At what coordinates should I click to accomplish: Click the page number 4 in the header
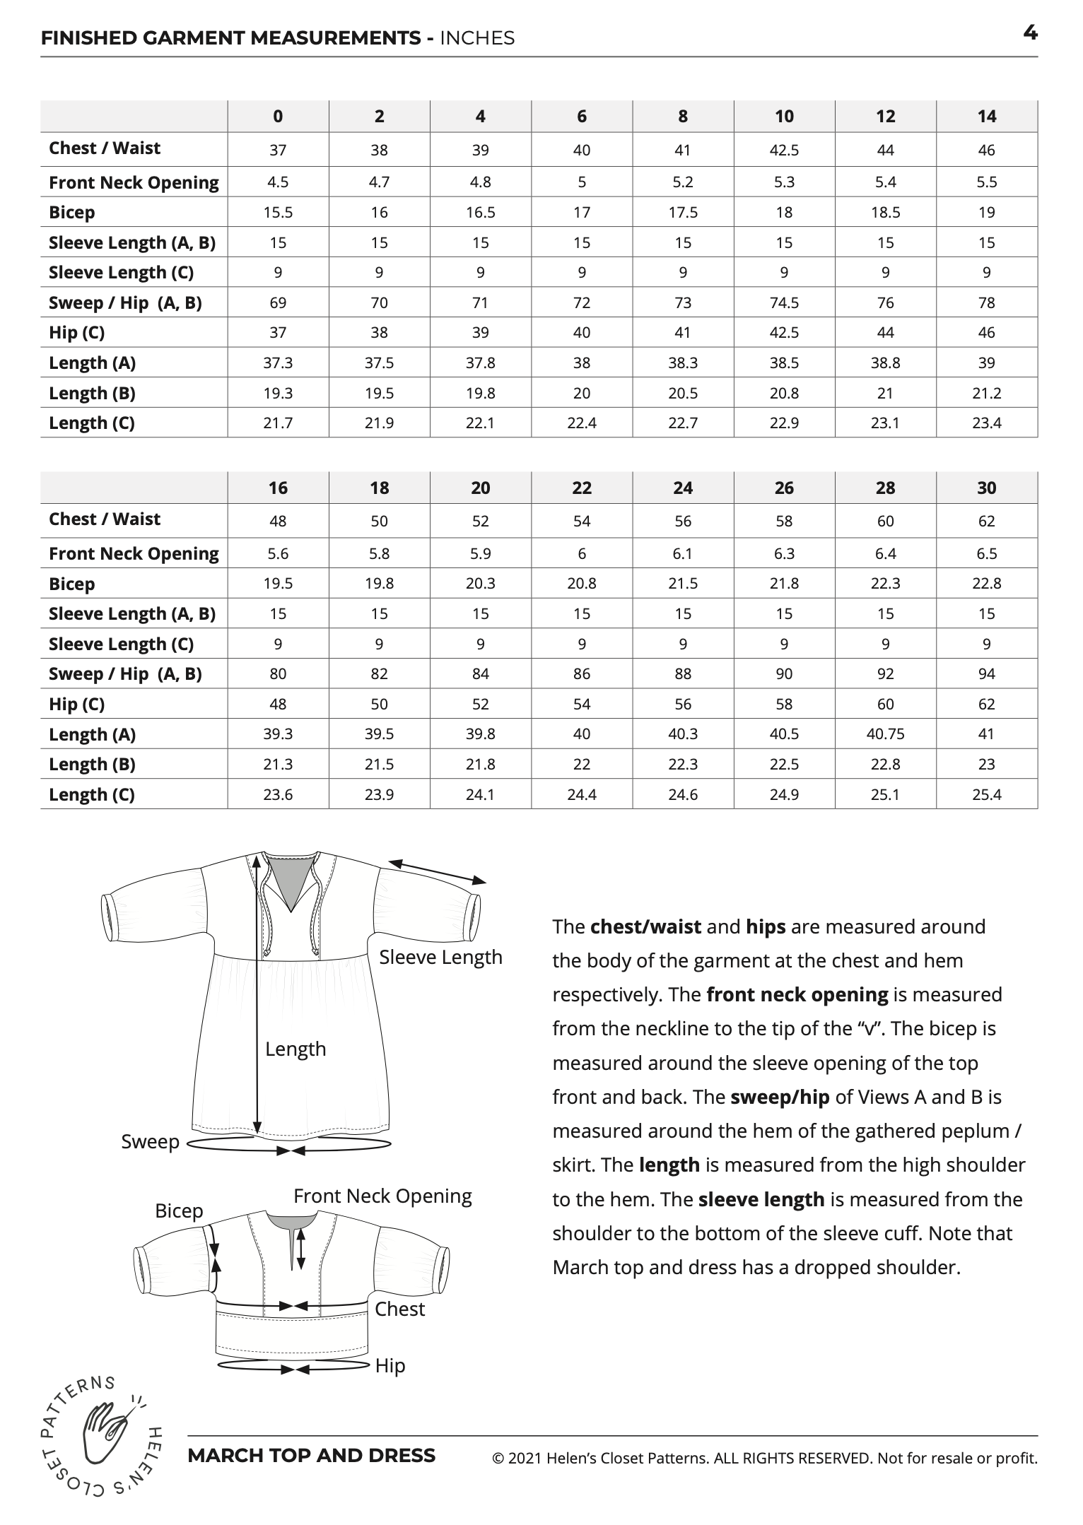click(x=1030, y=33)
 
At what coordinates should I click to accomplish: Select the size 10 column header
click(x=784, y=117)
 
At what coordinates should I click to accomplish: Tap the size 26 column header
click(x=784, y=488)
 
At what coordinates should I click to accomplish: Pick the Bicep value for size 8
click(x=683, y=213)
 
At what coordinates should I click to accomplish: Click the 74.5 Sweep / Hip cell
click(x=784, y=303)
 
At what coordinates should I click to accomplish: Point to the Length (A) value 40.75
click(x=885, y=734)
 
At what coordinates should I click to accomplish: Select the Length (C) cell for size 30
click(x=986, y=795)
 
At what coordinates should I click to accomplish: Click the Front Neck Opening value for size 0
click(x=278, y=182)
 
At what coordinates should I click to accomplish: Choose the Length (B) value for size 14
click(x=986, y=394)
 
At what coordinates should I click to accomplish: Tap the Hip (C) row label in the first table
click(x=76, y=333)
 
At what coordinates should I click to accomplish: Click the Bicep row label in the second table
click(x=71, y=584)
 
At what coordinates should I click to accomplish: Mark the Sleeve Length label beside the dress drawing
click(x=440, y=958)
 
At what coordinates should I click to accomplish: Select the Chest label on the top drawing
click(x=399, y=1309)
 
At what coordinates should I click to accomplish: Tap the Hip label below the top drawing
click(x=390, y=1366)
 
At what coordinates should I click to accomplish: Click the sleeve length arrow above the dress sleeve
click(x=438, y=871)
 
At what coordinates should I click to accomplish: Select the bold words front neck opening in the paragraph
click(x=797, y=995)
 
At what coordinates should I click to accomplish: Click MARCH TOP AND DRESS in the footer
click(x=311, y=1456)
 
